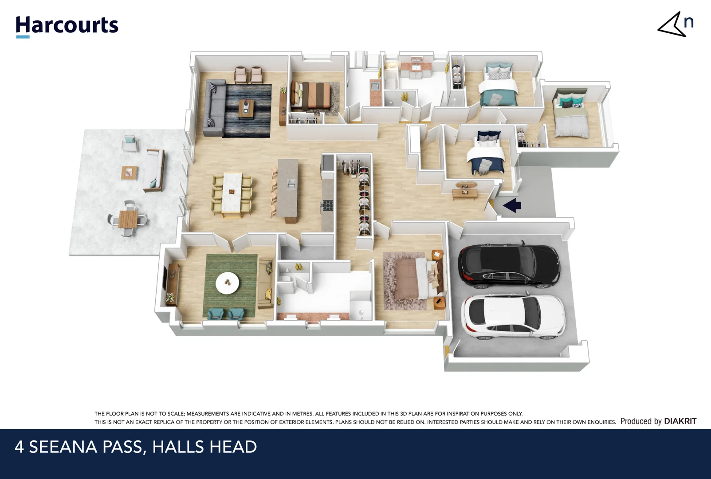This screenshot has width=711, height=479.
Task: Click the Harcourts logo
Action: [x=67, y=26]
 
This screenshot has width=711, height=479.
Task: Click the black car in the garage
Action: [x=509, y=265]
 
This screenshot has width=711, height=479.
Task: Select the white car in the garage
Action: [x=514, y=317]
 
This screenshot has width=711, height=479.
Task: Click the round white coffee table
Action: [x=227, y=283]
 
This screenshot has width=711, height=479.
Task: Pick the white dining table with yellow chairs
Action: [x=232, y=193]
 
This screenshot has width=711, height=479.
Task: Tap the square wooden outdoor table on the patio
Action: [x=128, y=219]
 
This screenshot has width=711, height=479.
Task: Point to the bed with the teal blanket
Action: [x=499, y=86]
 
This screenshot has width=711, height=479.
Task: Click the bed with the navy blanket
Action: [x=486, y=155]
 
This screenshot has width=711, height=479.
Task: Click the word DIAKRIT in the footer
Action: [x=680, y=421]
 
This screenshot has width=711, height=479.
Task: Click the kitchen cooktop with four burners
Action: [x=327, y=205]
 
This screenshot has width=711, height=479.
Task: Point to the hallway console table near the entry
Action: [x=465, y=192]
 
